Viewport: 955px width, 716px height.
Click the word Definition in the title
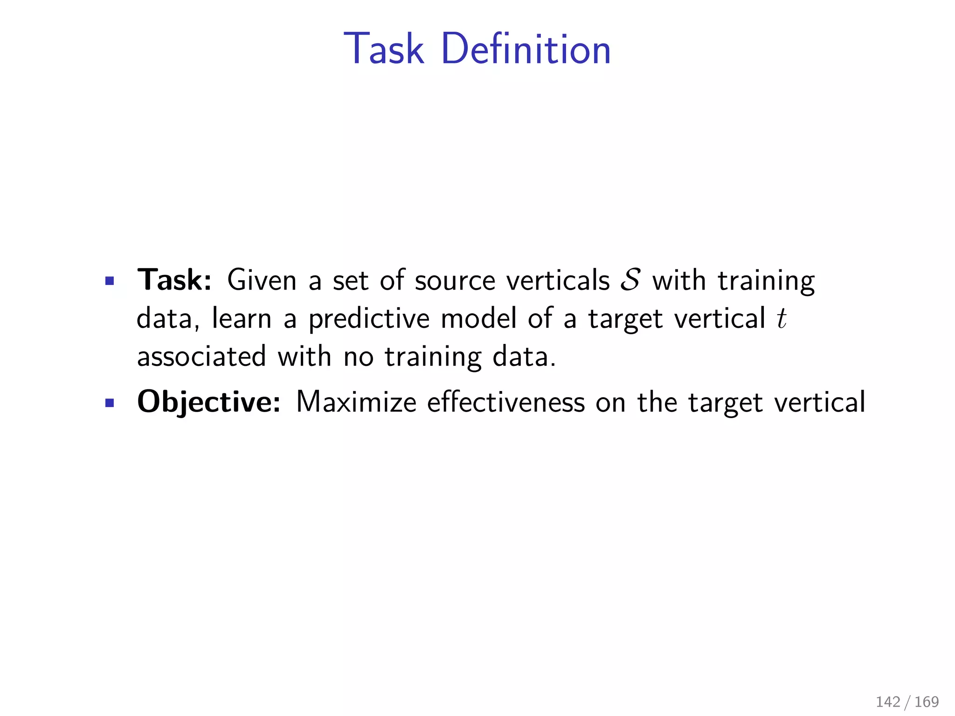[x=526, y=49]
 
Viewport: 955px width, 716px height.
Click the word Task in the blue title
[x=384, y=49]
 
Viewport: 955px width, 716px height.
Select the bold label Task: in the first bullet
[x=174, y=280]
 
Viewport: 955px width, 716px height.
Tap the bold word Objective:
[x=209, y=402]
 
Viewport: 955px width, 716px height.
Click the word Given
[x=262, y=281]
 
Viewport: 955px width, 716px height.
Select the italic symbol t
[x=782, y=319]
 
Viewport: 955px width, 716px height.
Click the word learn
[x=242, y=319]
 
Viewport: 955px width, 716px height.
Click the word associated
[x=201, y=357]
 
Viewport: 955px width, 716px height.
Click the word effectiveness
[x=506, y=402]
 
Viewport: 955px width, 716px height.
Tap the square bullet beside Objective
[x=110, y=403]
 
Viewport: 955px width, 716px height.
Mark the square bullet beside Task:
[x=110, y=281]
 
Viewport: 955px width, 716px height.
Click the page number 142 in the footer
[x=888, y=702]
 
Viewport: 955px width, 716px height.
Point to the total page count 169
[x=927, y=702]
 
